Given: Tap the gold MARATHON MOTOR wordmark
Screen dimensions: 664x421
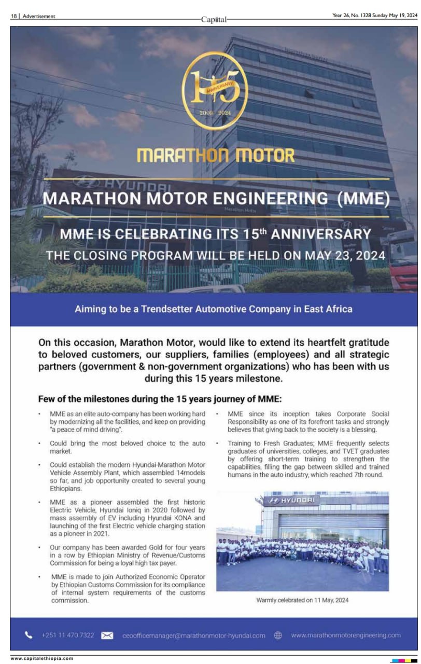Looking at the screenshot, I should pos(215,155).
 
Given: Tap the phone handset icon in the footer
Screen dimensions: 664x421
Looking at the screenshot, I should pos(28,635).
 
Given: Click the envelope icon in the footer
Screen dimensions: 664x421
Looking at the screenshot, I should pos(107,635).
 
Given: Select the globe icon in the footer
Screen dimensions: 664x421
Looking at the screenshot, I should pos(278,635).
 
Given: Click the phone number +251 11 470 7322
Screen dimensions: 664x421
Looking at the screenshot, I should pos(67,635).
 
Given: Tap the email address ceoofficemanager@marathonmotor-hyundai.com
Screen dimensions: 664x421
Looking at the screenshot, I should pos(194,635).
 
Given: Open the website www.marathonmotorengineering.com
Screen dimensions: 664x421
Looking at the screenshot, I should pos(346,635).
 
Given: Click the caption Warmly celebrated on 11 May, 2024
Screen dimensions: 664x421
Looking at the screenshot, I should pos(302,600).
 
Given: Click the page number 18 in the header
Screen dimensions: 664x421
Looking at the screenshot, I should pos(14,16).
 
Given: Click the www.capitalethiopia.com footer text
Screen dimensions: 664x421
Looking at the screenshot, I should pos(42,659).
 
